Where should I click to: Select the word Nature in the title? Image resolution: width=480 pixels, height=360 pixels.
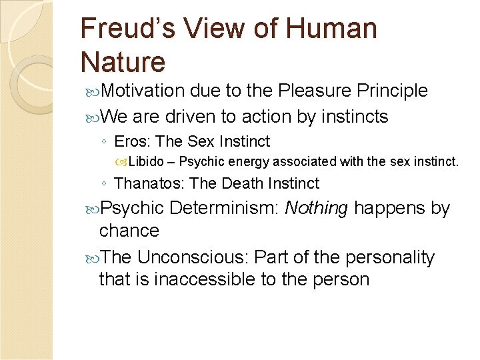123,62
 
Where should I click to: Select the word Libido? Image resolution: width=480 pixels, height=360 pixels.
148,161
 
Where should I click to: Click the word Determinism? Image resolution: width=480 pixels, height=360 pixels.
224,208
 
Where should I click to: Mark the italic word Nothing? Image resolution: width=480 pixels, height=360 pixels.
316,208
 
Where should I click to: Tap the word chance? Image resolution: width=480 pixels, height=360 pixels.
129,231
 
